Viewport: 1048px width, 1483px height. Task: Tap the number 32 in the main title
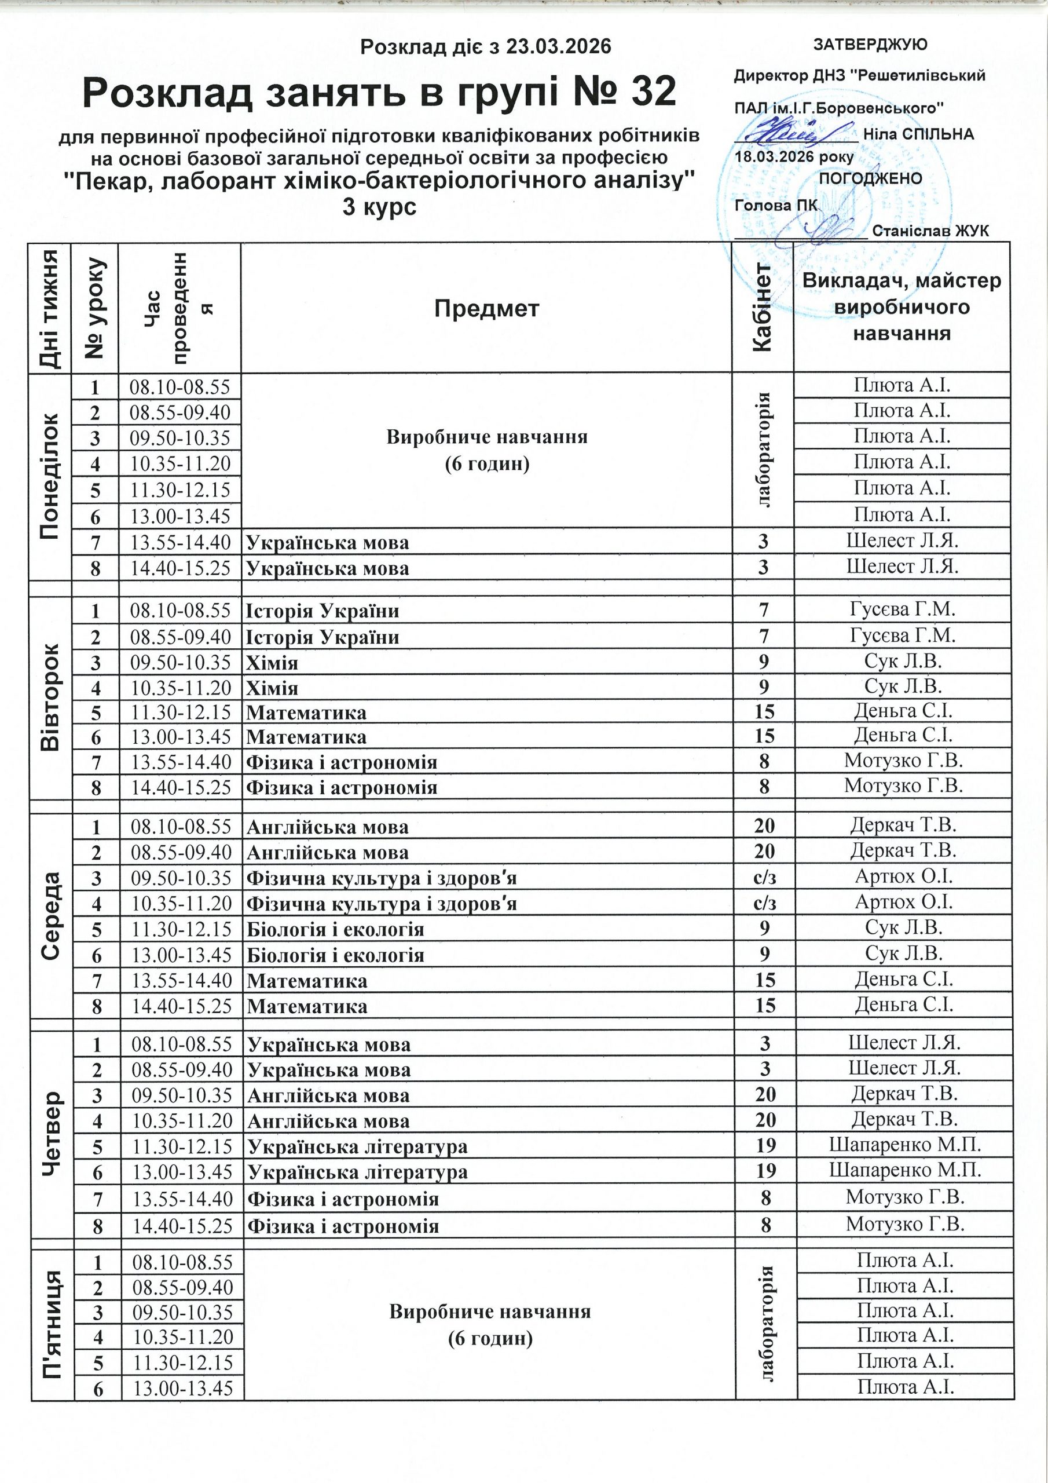pyautogui.click(x=654, y=92)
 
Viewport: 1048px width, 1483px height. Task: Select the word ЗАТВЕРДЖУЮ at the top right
pyautogui.click(x=870, y=45)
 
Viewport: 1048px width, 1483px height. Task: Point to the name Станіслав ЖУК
pyautogui.click(x=930, y=231)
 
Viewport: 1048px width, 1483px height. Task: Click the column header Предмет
pyautogui.click(x=486, y=309)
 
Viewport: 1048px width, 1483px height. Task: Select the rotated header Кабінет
pyautogui.click(x=763, y=308)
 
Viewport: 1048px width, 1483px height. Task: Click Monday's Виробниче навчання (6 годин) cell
pyautogui.click(x=487, y=450)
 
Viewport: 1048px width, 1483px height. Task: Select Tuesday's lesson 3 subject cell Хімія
pyautogui.click(x=273, y=663)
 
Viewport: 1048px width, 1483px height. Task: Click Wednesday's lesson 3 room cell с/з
pyautogui.click(x=764, y=877)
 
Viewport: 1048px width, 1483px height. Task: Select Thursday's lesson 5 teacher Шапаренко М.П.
pyautogui.click(x=904, y=1145)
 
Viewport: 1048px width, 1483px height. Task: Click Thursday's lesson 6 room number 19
pyautogui.click(x=766, y=1170)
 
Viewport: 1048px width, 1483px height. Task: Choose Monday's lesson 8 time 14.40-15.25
pyautogui.click(x=180, y=568)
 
